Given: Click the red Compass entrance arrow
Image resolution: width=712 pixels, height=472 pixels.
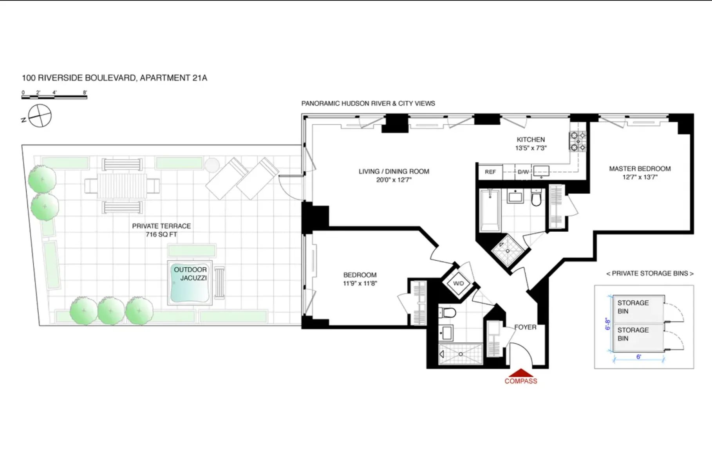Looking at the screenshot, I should click(x=520, y=372).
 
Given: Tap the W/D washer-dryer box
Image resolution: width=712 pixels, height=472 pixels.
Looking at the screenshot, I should click(x=458, y=283).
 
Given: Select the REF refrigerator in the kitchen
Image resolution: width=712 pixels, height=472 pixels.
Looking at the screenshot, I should click(x=490, y=172).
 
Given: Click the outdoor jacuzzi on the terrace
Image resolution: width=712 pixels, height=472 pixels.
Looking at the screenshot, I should click(x=190, y=283).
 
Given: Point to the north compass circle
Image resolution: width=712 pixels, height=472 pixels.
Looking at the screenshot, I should click(x=40, y=116).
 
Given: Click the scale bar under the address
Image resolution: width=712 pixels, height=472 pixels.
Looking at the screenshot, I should click(x=54, y=96).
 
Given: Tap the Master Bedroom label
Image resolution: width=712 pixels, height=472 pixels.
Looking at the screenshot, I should click(x=640, y=173).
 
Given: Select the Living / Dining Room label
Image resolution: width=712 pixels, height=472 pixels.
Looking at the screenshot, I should click(x=394, y=175).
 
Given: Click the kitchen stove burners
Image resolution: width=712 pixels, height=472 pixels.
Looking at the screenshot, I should click(x=578, y=141).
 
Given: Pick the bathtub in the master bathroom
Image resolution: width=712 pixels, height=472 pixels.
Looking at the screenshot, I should click(x=490, y=210).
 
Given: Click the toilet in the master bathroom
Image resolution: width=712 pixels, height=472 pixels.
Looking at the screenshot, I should click(x=537, y=198).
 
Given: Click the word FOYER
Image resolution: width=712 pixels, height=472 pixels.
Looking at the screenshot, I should click(x=525, y=327).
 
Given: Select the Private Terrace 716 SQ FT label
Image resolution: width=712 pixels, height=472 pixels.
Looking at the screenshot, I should click(x=161, y=230).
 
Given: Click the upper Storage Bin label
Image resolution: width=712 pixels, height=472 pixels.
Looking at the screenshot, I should click(x=633, y=307).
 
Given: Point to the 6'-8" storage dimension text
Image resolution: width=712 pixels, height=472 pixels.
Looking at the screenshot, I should click(x=608, y=324).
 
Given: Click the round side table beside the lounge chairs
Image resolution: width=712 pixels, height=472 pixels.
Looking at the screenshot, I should click(x=212, y=164).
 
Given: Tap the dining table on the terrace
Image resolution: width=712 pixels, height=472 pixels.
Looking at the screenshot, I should click(x=122, y=186).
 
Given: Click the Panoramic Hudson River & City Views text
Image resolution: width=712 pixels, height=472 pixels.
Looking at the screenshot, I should click(x=368, y=103).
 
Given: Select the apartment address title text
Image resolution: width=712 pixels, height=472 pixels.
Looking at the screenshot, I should click(x=114, y=78).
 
